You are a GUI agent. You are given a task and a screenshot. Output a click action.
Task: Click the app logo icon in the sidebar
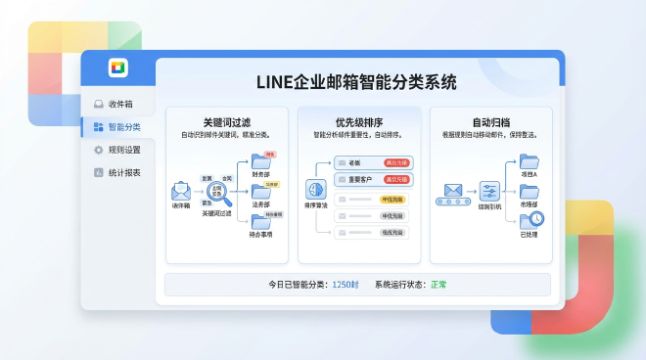coord(117,67)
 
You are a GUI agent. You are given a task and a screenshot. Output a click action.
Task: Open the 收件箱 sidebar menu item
coord(120,104)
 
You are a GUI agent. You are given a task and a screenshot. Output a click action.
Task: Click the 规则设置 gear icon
coord(99,150)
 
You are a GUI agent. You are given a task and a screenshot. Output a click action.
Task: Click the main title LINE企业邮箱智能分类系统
coord(356,82)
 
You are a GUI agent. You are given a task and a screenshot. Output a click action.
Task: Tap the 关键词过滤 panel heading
coord(226,121)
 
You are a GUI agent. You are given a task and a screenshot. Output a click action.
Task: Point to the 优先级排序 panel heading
coord(357,121)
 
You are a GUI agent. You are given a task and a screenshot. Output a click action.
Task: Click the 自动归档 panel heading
coord(489,121)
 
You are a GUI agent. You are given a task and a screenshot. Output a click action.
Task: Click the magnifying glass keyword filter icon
coord(217,193)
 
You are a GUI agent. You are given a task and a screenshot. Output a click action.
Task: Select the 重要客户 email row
coord(358,179)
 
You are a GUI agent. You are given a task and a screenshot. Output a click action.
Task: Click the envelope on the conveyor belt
coord(453,189)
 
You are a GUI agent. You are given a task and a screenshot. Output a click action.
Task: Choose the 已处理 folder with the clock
coord(531,221)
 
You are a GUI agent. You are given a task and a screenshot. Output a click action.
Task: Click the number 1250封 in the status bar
coord(346,285)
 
